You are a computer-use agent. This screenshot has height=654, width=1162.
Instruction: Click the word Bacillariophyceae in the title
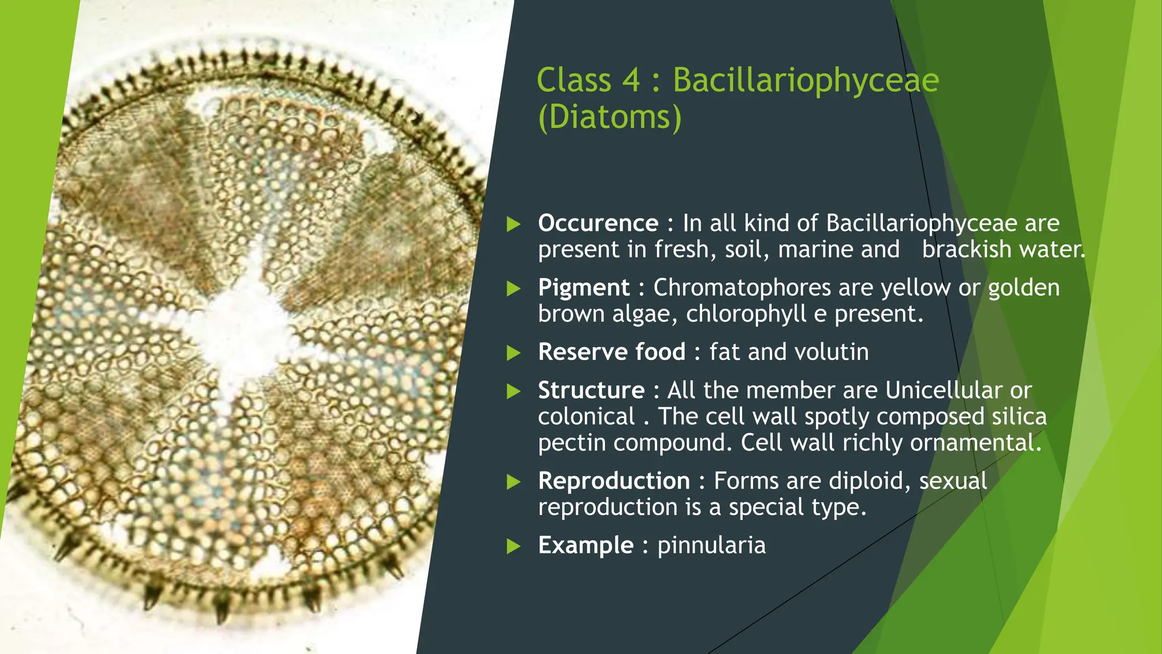pos(805,80)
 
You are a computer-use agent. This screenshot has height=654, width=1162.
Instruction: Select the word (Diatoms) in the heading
pos(609,117)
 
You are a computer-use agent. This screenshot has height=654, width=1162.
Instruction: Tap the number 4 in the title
pos(631,80)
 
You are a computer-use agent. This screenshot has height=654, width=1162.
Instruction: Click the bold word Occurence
pos(598,223)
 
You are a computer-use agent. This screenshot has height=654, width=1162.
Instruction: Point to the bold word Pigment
pos(583,287)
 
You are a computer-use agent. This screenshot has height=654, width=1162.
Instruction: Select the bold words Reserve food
pos(612,352)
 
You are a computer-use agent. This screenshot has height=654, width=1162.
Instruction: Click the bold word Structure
pos(591,390)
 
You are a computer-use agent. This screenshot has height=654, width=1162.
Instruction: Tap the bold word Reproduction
pos(613,481)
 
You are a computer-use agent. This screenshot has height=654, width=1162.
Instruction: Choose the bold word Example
pos(586,545)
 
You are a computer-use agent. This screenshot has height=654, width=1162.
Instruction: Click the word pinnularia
pos(711,545)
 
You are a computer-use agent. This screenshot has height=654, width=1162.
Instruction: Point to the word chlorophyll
pos(746,314)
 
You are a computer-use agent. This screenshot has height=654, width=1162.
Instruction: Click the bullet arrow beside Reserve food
pos(513,353)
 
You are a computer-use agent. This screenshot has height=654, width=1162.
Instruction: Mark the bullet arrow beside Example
pos(513,546)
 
